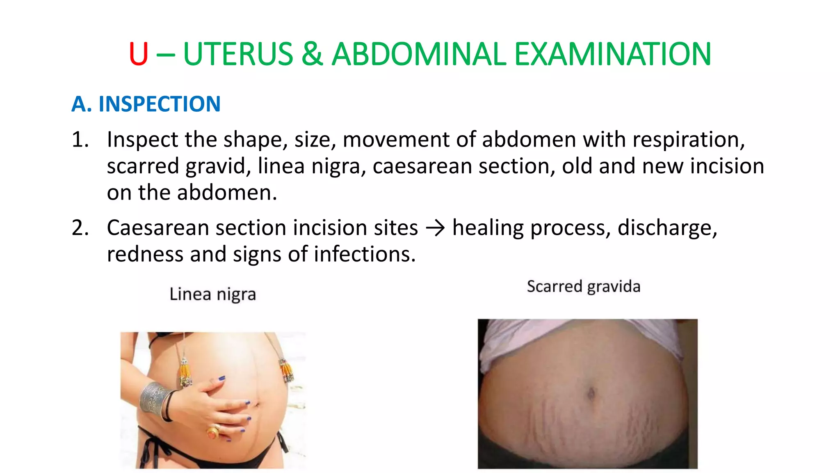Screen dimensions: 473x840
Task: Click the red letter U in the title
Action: click(x=138, y=54)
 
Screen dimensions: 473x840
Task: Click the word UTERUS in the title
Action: click(x=238, y=54)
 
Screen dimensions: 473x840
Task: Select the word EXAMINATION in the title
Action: click(x=612, y=54)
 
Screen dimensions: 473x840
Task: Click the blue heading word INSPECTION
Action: click(x=160, y=104)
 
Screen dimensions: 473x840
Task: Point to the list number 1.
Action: click(x=80, y=140)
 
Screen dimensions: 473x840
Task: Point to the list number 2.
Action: click(x=80, y=228)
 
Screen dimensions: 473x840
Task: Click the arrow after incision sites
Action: click(x=435, y=228)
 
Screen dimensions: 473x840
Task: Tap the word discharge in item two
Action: click(x=667, y=228)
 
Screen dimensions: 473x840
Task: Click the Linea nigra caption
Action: click(x=213, y=294)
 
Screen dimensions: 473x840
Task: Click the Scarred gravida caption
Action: click(x=583, y=287)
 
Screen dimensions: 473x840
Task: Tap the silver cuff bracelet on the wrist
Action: click(x=153, y=399)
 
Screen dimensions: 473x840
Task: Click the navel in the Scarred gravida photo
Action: click(x=591, y=393)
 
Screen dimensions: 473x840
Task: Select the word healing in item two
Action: click(x=488, y=228)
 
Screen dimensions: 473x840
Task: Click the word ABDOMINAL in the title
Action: click(x=419, y=54)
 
